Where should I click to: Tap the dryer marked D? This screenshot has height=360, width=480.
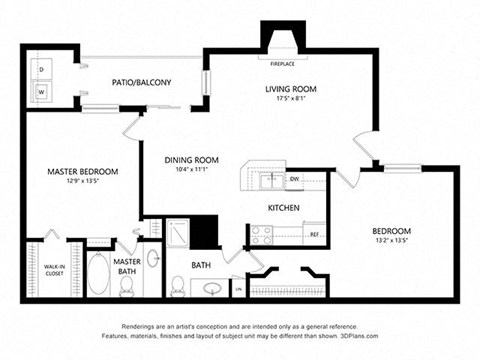(x=42, y=70)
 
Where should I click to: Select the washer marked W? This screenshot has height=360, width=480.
(x=42, y=90)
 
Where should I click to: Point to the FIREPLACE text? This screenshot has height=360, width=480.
(x=282, y=63)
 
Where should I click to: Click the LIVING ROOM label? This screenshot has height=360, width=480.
(x=290, y=89)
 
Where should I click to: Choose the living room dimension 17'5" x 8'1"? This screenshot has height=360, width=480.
(x=290, y=99)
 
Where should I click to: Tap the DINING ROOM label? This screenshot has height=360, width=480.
(x=191, y=159)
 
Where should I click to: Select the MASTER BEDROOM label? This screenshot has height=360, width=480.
(x=82, y=172)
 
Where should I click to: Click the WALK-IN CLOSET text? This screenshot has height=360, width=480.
(x=54, y=270)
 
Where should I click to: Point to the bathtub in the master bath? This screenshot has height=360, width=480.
(x=100, y=273)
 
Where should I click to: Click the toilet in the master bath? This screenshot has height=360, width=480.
(x=127, y=285)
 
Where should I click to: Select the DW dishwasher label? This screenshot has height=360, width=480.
(x=295, y=179)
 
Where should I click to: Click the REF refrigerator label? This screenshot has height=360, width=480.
(x=313, y=234)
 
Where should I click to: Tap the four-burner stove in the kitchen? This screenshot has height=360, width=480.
(x=262, y=234)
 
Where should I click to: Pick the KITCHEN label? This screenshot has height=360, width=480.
(x=284, y=208)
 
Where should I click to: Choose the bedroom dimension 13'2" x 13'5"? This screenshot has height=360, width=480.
(x=391, y=241)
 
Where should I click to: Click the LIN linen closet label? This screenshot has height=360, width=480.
(x=239, y=289)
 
